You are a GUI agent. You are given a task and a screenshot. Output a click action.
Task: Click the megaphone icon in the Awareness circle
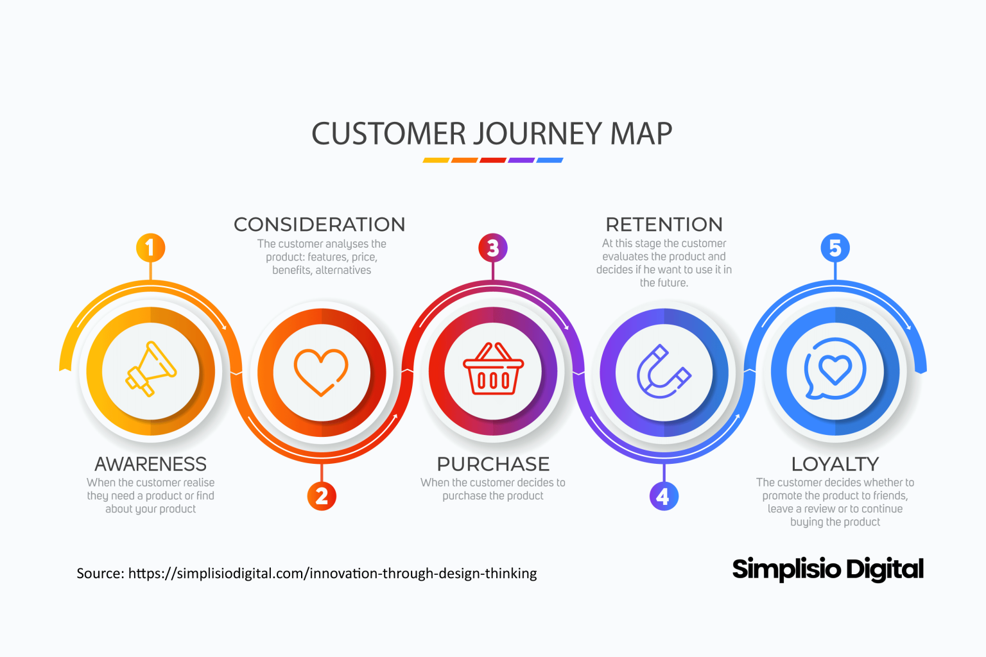coord(151,370)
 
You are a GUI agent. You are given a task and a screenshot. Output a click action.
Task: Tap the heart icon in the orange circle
coord(321,372)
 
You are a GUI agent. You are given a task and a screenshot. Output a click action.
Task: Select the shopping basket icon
coord(493,370)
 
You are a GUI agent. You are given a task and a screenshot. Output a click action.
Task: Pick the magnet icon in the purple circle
coord(664,372)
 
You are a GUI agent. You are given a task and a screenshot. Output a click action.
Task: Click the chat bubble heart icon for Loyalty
coord(835,370)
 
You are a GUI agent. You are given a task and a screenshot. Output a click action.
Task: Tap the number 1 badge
coord(150,248)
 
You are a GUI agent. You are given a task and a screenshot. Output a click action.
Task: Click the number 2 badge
coord(322,496)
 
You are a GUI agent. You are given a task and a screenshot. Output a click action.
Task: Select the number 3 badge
coord(493,248)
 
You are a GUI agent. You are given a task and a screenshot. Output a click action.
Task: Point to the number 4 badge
coord(664,496)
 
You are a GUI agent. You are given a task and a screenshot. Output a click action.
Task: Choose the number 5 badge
coord(835,248)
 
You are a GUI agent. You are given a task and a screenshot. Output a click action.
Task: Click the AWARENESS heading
coord(151,464)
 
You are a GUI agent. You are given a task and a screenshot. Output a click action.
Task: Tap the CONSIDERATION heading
coord(320,225)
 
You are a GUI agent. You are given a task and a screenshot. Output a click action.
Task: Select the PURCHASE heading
coord(493,464)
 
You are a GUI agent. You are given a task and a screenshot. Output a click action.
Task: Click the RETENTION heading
coord(664,225)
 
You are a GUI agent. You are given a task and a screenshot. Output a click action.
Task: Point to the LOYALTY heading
coord(835,464)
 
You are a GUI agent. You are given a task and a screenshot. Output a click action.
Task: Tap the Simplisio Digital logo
coord(827,569)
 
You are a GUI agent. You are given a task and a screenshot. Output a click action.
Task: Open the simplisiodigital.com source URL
coord(333,574)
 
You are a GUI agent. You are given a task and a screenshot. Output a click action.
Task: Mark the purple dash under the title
coord(521,160)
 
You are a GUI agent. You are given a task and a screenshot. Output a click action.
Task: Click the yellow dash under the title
coord(436,160)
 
